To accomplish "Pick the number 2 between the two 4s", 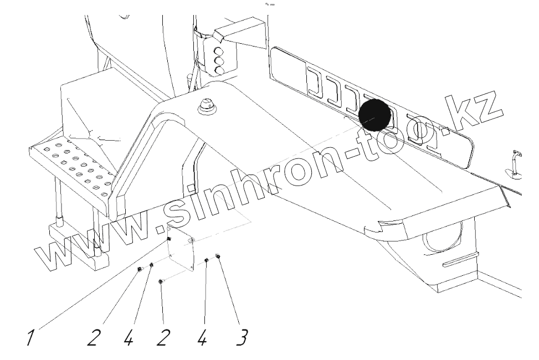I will coord(161,336).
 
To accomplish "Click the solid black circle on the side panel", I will coord(375,115).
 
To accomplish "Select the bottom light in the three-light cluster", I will coord(219,70).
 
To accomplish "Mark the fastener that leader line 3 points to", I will coord(219,256).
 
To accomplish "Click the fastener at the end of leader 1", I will coord(169,239).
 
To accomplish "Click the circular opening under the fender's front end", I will coord(442,240).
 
